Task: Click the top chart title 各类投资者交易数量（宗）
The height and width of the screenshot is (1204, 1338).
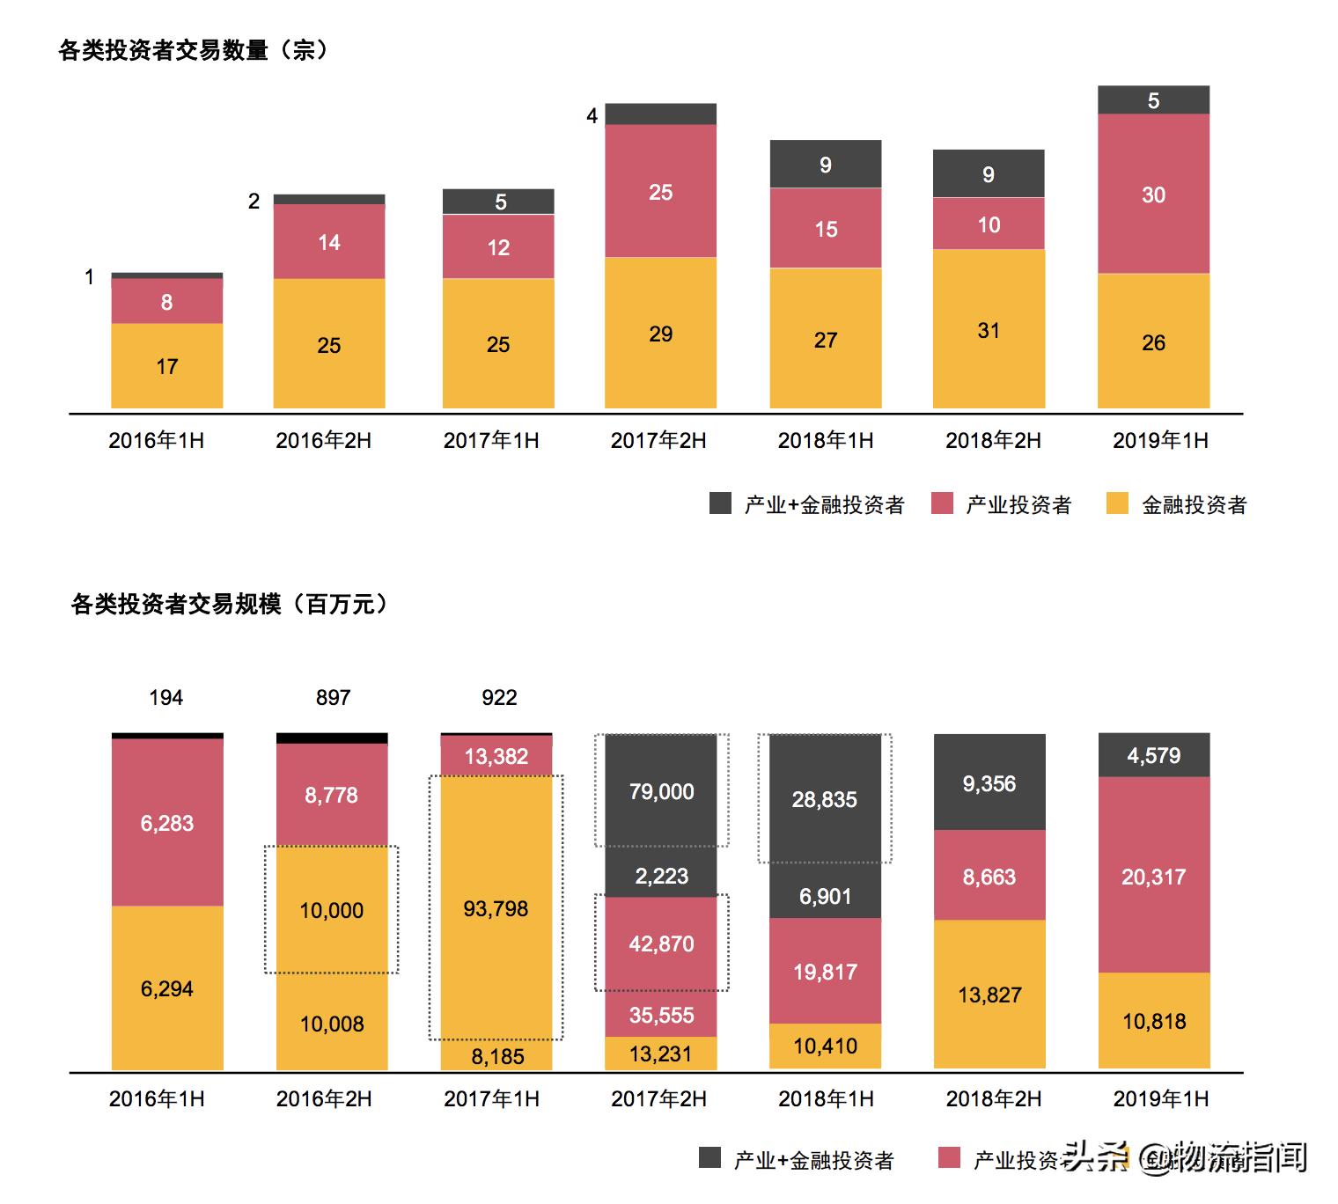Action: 193,50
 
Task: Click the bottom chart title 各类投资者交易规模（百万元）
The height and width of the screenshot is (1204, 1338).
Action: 229,604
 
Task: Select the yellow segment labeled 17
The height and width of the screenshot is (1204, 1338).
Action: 166,366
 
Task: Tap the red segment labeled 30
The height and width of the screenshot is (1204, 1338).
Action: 1153,195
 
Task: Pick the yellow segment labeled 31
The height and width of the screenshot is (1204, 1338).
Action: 989,330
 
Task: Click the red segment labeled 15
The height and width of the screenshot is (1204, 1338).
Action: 826,229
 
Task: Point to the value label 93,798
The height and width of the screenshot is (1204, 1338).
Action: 496,908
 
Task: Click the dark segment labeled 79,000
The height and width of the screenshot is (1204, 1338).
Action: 661,791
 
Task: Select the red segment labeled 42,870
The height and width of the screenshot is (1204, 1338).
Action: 661,943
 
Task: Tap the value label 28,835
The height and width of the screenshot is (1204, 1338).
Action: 825,799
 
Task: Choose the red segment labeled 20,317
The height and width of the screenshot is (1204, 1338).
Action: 1153,876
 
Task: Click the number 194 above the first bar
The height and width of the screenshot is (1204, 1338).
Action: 166,698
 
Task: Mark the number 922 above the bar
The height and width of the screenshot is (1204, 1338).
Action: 499,698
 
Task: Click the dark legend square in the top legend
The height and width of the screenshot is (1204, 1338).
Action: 721,503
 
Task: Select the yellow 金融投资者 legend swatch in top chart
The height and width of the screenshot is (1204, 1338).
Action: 1117,503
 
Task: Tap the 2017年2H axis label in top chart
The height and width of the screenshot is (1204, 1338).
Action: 658,440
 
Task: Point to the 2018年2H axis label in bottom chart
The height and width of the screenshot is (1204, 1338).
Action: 994,1098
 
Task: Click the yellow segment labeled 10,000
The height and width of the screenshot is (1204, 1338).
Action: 332,910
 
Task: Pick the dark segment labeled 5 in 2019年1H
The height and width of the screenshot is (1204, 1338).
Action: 1153,101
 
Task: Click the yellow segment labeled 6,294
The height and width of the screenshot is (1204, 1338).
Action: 166,988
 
